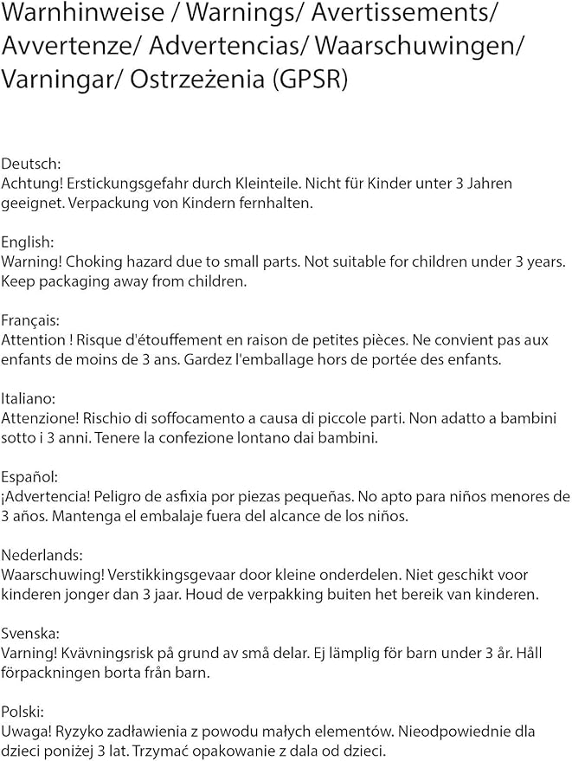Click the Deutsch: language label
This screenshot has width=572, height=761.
point(29,164)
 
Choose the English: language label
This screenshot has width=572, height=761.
point(28,242)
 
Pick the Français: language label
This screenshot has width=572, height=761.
point(31,320)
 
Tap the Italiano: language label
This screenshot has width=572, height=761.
point(29,398)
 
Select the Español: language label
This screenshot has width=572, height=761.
point(29,477)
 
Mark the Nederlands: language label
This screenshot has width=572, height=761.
point(42,555)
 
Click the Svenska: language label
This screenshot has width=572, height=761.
point(30,633)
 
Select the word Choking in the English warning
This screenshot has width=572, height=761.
point(93,261)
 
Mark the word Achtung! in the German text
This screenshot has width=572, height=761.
point(31,184)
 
